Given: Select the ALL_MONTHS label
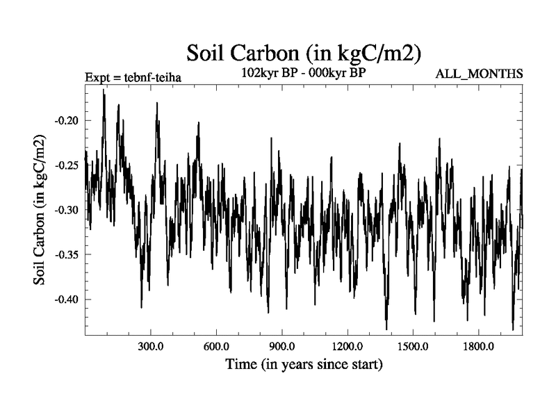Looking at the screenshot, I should [479, 73].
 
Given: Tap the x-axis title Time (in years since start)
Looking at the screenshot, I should [304, 363].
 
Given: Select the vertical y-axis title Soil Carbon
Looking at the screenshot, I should [41, 211].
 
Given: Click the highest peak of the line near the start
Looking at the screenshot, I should [104, 90].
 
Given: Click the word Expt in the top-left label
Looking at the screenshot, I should [97, 77].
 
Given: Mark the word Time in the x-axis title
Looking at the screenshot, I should [239, 363].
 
